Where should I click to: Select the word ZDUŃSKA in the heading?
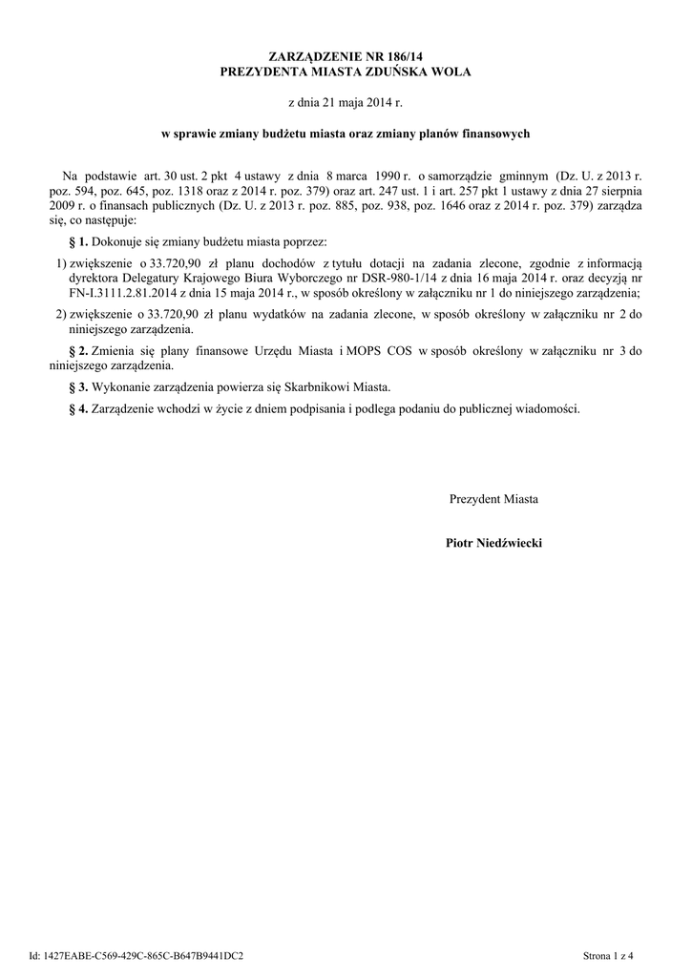tap(392, 72)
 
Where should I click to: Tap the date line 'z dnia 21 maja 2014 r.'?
tap(346, 101)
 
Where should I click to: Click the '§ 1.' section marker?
tap(79, 242)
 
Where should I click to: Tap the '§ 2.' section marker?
tap(79, 351)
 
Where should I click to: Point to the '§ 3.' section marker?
tap(79, 386)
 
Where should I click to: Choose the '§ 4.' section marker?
tap(79, 407)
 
